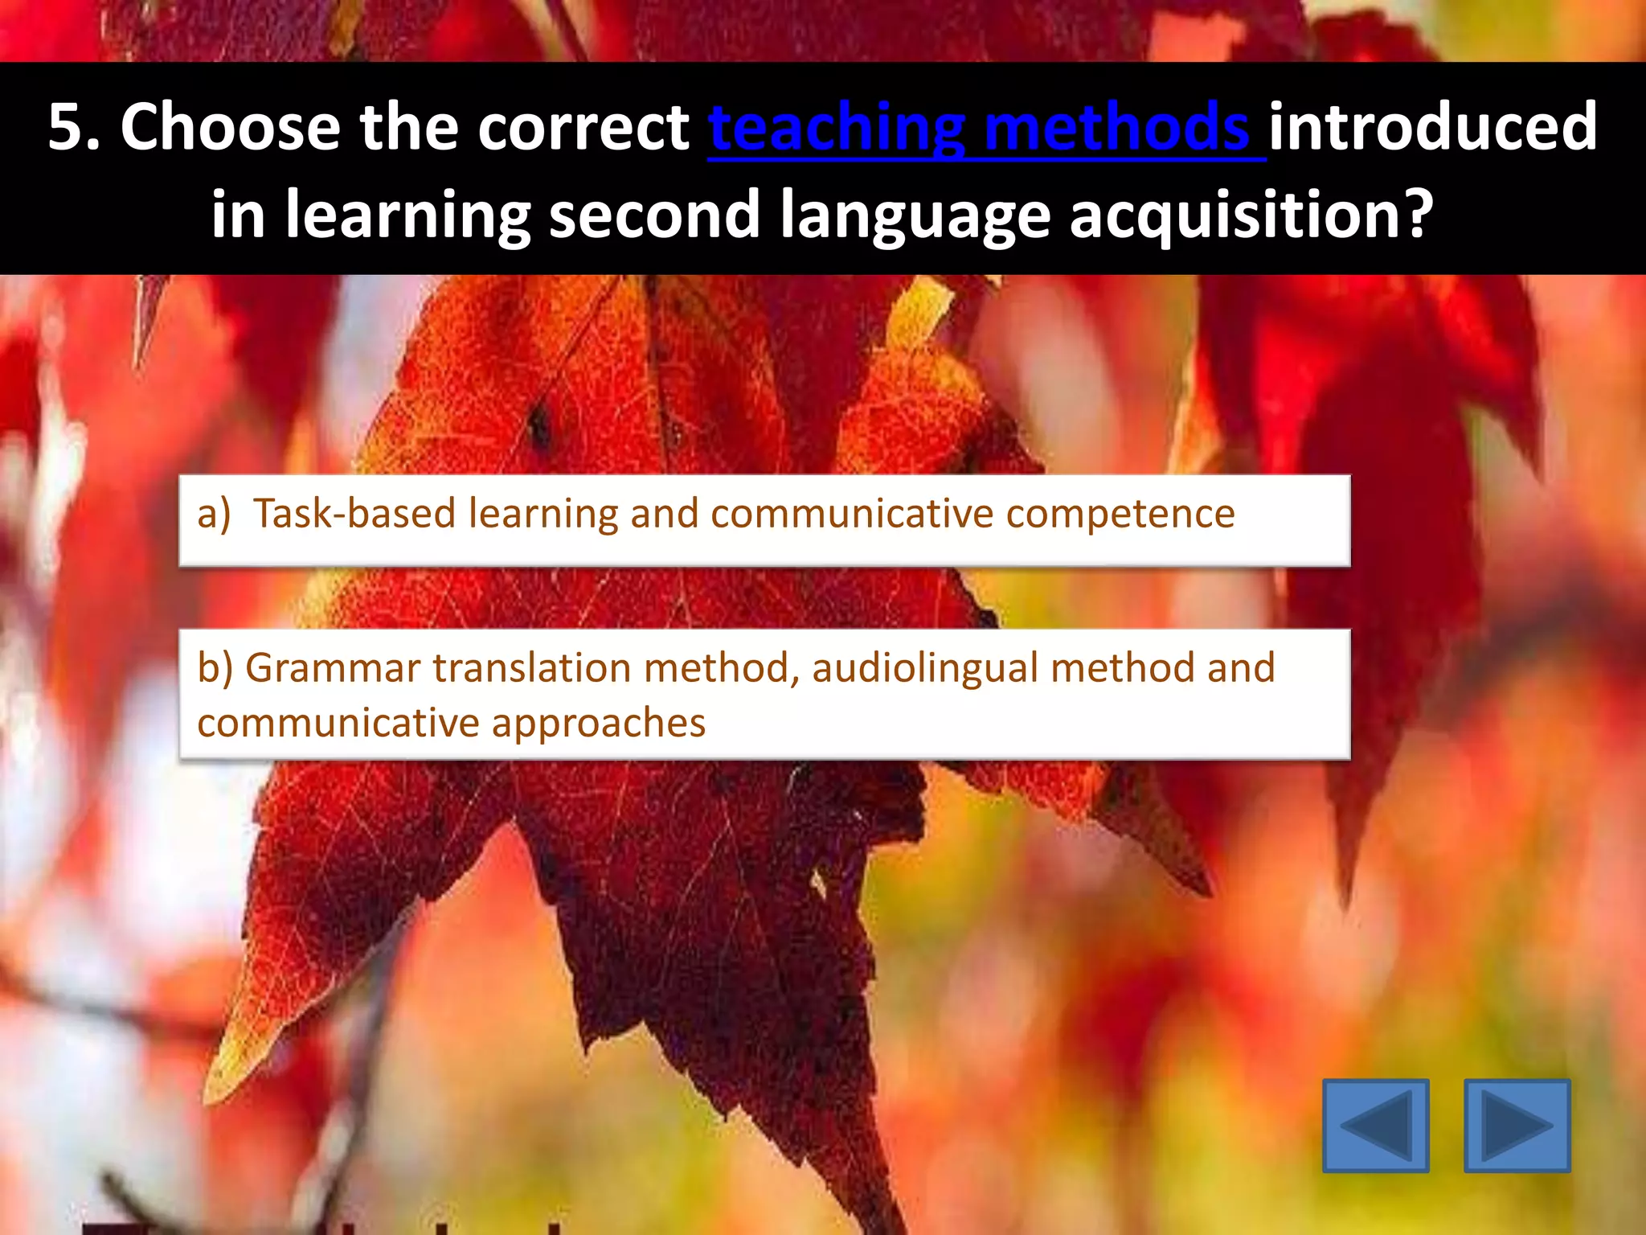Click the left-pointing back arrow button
coord(1375,1125)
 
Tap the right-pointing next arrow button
coord(1517,1125)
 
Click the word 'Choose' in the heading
coord(231,127)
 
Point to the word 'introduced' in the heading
coord(1433,127)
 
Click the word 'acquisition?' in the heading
coord(1251,215)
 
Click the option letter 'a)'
coord(214,514)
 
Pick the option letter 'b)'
coord(215,668)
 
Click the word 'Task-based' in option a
coord(354,514)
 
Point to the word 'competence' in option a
coord(1120,514)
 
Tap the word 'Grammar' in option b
coord(333,668)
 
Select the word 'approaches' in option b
coord(599,723)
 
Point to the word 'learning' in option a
coord(543,514)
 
